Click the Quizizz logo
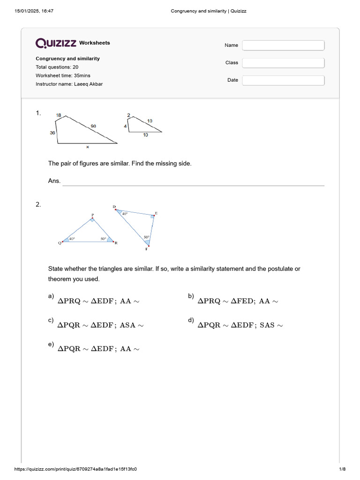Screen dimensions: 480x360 pos(56,43)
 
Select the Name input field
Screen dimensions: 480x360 pos(283,45)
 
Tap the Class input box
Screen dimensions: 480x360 pos(283,63)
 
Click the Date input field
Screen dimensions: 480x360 pos(283,80)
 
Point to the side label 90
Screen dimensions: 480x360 pos(94,126)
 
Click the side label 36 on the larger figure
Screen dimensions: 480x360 pos(52,133)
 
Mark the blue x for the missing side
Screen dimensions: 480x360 pos(87,147)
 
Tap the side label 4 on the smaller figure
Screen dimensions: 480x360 pos(125,127)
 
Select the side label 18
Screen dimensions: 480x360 pos(59,115)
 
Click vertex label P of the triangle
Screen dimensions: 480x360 pos(92,215)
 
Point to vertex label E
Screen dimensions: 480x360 pos(156,213)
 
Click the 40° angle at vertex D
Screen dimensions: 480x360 pos(124,214)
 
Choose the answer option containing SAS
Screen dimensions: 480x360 pos(240,325)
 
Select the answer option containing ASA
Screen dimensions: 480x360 pos(100,325)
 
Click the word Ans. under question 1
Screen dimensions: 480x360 pos(54,181)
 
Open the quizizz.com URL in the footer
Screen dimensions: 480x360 pos(75,469)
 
